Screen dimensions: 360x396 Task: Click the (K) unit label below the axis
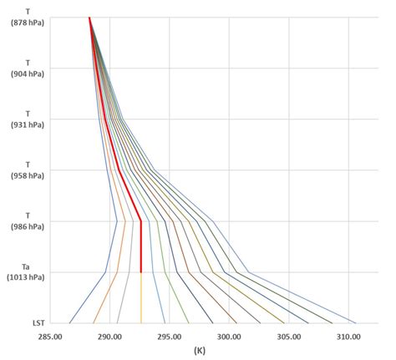199,351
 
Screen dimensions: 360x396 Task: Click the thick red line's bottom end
141,271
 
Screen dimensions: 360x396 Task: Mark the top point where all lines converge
89,17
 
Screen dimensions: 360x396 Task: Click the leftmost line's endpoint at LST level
70,322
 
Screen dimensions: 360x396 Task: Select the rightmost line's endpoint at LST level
356,322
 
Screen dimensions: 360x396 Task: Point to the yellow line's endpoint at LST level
141,322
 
